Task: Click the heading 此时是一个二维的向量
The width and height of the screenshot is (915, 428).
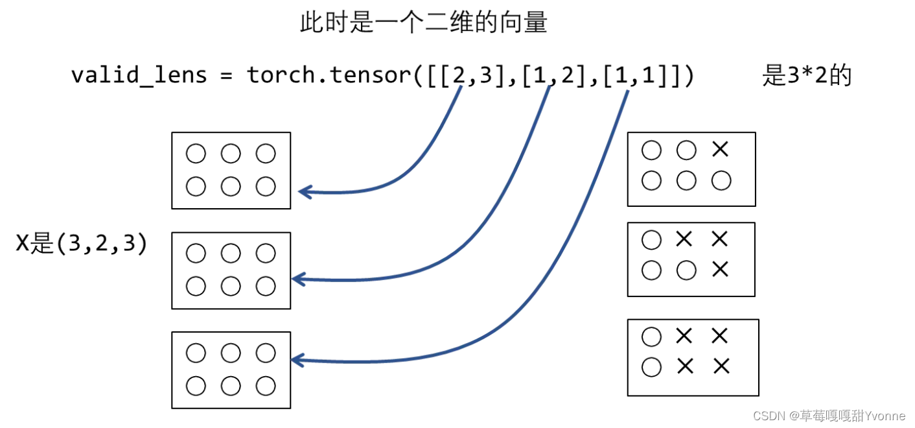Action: click(x=423, y=23)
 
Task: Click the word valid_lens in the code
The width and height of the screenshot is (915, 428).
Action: click(x=139, y=76)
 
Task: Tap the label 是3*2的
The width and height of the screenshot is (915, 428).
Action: click(x=806, y=76)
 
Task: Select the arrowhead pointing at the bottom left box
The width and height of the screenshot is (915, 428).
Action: click(x=297, y=359)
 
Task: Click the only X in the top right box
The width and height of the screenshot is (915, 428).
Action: click(x=720, y=150)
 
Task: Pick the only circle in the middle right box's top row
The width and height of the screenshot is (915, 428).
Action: click(x=651, y=240)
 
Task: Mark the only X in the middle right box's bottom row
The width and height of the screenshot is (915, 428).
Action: click(x=720, y=269)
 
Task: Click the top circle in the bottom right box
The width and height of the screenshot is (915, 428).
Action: click(x=651, y=337)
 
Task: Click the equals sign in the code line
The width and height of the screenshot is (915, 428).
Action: click(x=226, y=76)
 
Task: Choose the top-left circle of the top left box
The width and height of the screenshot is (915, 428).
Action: click(x=195, y=154)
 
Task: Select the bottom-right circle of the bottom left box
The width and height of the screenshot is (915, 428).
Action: click(x=266, y=386)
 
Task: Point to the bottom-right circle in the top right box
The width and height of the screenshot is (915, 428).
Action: click(x=721, y=181)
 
